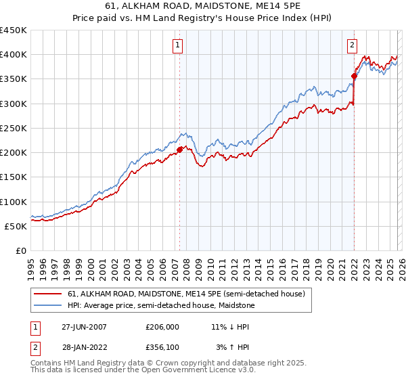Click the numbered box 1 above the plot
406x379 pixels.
(x=177, y=45)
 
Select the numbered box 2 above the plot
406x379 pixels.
(x=353, y=45)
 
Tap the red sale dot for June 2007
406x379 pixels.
(x=180, y=150)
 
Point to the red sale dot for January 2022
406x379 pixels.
(x=354, y=76)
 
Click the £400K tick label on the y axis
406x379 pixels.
(x=14, y=55)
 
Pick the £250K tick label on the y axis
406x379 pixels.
(x=14, y=128)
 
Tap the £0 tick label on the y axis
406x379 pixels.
(x=20, y=250)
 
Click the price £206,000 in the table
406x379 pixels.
(x=162, y=326)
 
